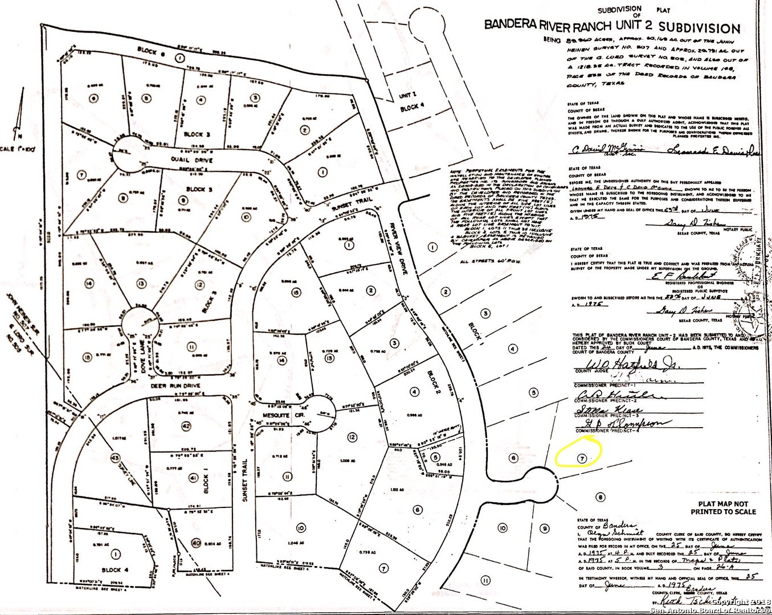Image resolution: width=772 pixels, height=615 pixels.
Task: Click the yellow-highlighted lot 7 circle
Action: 581,458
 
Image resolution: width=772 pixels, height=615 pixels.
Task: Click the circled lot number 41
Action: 193,477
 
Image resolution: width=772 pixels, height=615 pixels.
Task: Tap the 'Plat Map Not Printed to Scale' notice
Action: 727,507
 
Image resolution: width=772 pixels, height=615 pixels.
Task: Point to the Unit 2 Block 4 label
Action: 411,101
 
